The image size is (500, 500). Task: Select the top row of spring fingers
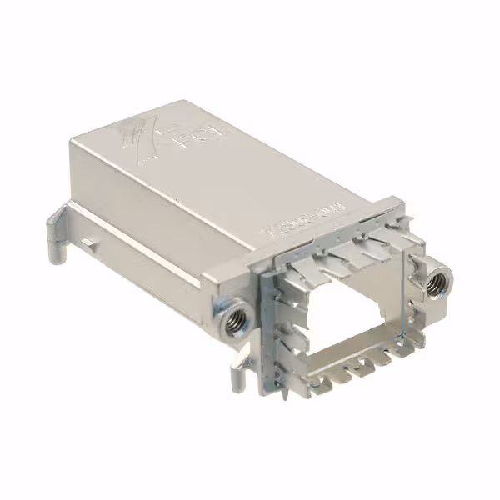tap(350, 250)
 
